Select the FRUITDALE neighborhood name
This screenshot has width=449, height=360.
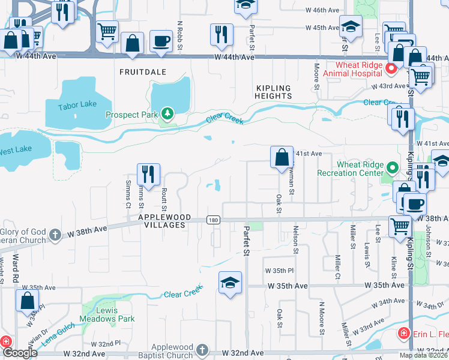coord(143,72)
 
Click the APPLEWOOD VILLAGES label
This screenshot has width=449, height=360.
coord(164,221)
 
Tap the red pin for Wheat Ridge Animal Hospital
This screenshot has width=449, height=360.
coord(391,68)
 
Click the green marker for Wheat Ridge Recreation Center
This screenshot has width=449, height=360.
coord(393,169)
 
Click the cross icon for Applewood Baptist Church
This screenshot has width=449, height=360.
coord(203,350)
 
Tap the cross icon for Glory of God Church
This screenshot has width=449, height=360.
coord(55,234)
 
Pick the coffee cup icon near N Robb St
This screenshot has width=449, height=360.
coord(161,41)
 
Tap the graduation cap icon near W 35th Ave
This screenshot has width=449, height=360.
coord(229,283)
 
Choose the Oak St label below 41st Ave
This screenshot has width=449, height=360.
coord(279,203)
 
